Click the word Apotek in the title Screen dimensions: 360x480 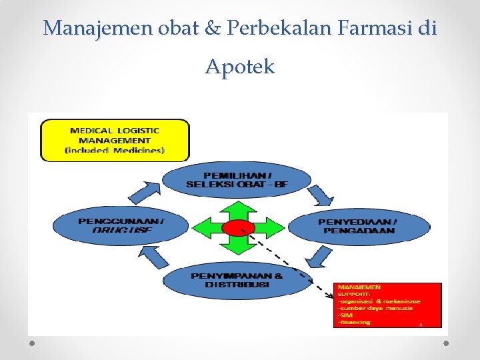pyautogui.click(x=239, y=67)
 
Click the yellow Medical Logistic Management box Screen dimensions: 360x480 pyautogui.click(x=115, y=140)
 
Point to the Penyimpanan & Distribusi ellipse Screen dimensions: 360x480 pyautogui.click(x=237, y=280)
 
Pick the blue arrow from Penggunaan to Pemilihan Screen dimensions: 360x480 pyautogui.click(x=143, y=191)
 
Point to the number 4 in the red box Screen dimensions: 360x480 pyautogui.click(x=421, y=325)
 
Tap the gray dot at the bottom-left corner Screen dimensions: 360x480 pyautogui.click(x=33, y=343)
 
